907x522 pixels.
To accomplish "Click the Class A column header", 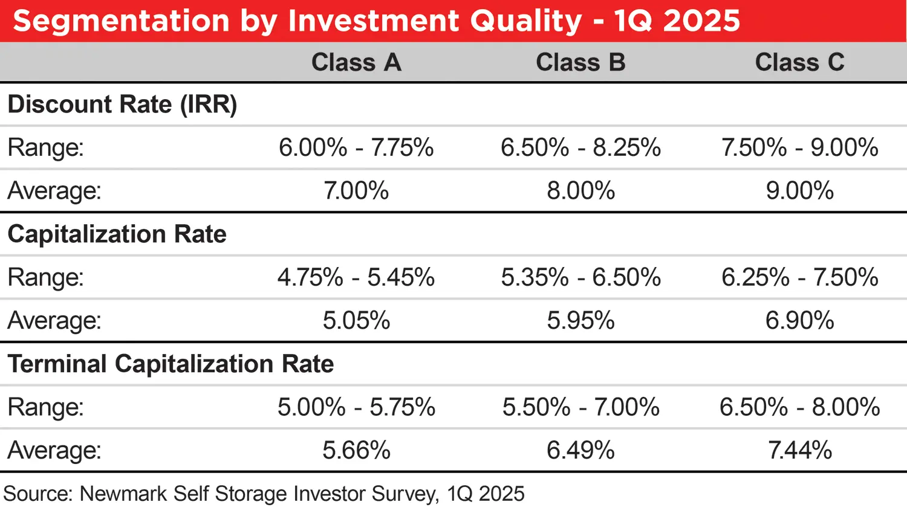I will pos(356,62).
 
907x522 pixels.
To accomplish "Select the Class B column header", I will pos(580,62).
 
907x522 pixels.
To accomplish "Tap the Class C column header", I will pos(799,62).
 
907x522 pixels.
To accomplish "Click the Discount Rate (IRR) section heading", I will pos(122,105).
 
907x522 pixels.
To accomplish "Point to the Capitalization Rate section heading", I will pos(117,234).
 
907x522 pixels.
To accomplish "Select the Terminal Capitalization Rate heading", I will pos(171,364).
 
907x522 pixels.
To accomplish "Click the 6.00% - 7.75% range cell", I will pos(356,148).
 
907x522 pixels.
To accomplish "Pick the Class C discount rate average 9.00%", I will pos(799,191).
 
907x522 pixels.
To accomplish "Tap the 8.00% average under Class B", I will pos(580,191).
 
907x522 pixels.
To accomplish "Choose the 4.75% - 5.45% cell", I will pos(356,278).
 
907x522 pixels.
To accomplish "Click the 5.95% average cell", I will pos(580,321).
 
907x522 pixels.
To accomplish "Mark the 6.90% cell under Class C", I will pos(799,321).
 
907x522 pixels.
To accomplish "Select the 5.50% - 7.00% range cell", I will pos(580,407).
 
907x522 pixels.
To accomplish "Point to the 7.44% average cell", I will pos(799,451).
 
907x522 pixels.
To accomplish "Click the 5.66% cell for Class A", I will pos(356,451).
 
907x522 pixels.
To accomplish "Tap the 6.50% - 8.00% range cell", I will pos(799,407).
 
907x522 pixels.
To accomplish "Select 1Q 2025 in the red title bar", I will pos(677,21).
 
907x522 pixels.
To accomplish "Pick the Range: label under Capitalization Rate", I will pos(45,278).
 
